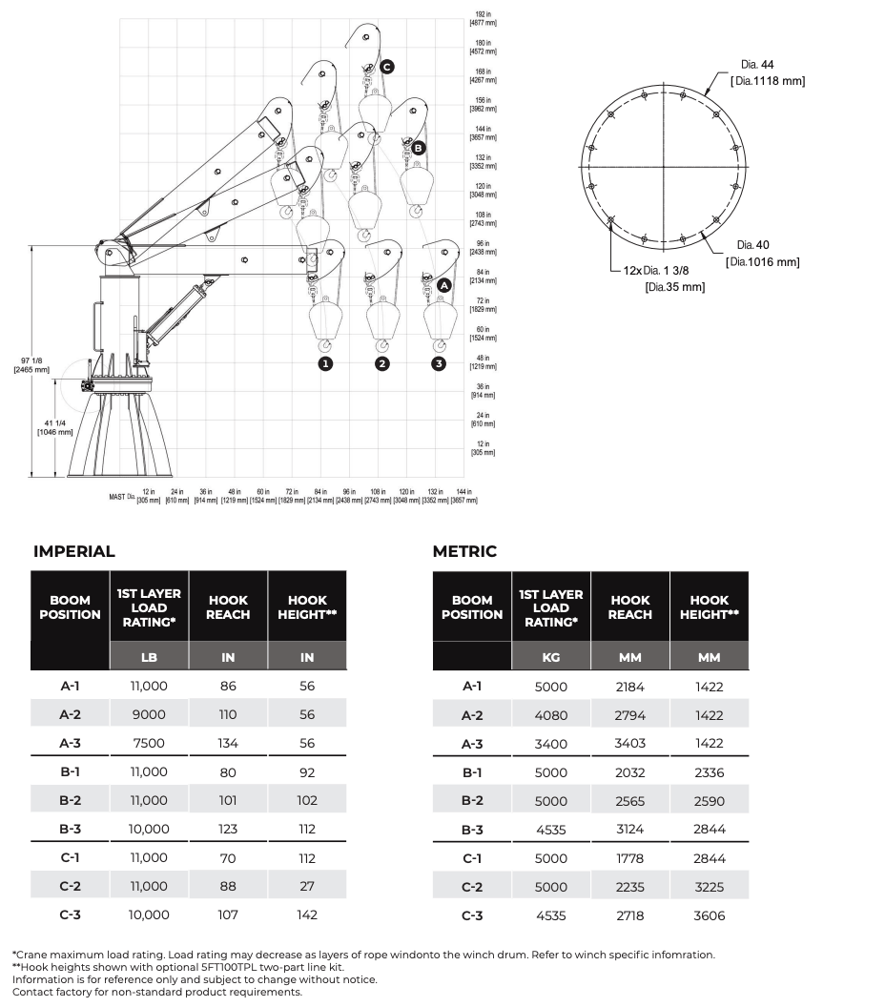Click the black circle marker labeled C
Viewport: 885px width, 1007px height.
click(386, 67)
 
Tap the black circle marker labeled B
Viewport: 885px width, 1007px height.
click(418, 148)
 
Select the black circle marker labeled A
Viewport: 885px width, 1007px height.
click(444, 284)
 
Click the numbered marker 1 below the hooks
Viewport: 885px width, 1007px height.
click(325, 363)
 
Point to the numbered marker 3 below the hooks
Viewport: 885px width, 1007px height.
click(439, 363)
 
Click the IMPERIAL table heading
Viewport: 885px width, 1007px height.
click(74, 551)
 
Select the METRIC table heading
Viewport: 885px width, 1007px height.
click(464, 551)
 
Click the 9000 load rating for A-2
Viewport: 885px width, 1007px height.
click(149, 714)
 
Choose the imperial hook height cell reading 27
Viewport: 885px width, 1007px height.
click(307, 886)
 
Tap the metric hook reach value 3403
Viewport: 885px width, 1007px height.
click(629, 744)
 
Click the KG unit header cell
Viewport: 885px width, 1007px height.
click(551, 657)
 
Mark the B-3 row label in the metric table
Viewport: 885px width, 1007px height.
click(472, 830)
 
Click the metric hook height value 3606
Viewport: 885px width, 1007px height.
click(710, 915)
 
